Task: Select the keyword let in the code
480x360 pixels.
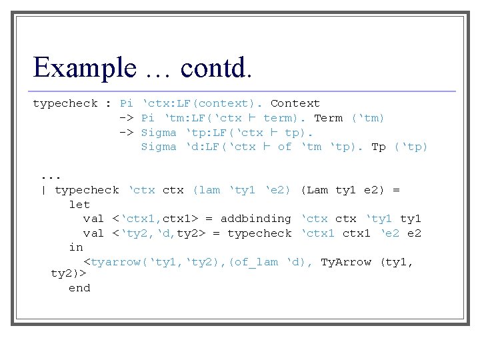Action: click(x=79, y=205)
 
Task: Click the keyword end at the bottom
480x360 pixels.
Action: click(x=79, y=288)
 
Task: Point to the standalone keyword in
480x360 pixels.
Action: click(x=76, y=247)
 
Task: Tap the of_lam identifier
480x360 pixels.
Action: click(x=256, y=262)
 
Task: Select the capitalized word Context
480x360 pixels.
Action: click(x=295, y=103)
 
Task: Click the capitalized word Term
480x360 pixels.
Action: click(x=328, y=118)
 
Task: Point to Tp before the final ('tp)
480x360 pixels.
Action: click(x=379, y=147)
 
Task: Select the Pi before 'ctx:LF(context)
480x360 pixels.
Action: click(x=127, y=103)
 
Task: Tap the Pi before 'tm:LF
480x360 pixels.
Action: click(x=148, y=118)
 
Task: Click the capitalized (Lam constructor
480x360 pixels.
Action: click(x=314, y=190)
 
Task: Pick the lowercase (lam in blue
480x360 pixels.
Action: click(x=206, y=190)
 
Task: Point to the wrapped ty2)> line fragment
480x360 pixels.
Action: click(x=69, y=273)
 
